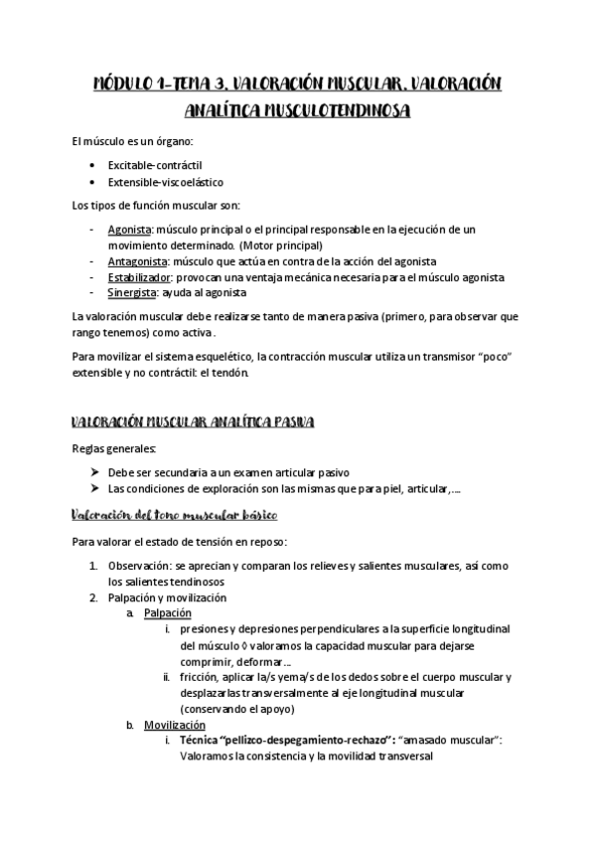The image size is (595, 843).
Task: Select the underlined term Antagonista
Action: (x=138, y=261)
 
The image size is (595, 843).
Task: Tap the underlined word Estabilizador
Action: (x=140, y=277)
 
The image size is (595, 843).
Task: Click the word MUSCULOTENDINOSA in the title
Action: (x=297, y=111)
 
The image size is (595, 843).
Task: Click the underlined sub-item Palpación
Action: (x=167, y=613)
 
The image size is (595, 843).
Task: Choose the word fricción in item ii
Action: (x=201, y=677)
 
